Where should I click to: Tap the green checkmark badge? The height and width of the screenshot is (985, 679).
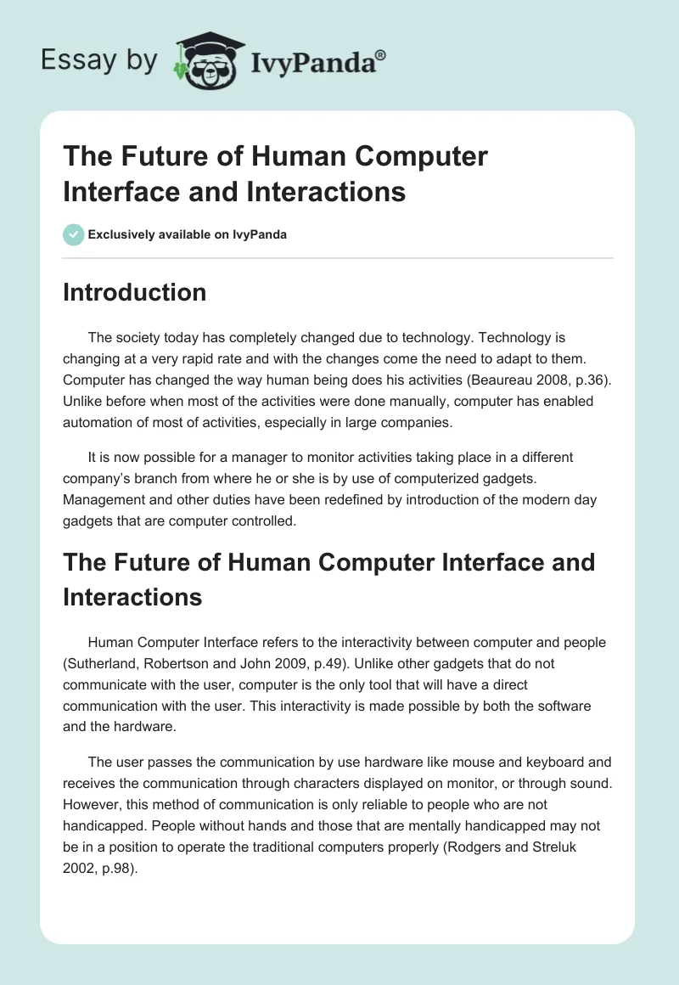[74, 234]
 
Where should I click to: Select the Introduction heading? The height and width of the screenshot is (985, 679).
[134, 292]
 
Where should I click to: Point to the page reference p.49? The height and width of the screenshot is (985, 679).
[350, 662]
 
